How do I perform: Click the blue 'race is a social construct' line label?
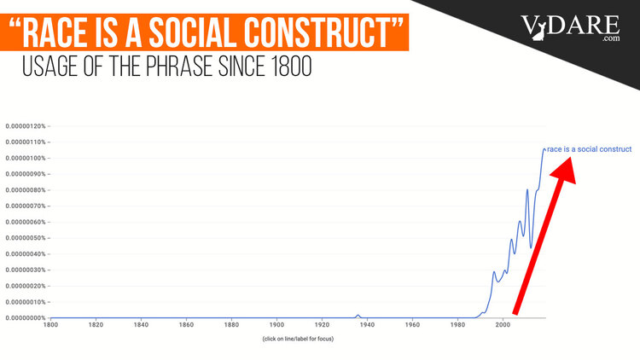(589, 148)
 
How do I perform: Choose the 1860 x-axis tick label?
(185, 324)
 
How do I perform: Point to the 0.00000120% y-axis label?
(25, 125)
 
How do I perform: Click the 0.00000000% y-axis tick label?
(25, 318)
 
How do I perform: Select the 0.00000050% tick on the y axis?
(25, 238)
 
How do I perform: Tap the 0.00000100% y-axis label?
(25, 158)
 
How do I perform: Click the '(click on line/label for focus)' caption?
(298, 339)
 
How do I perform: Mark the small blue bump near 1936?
(358, 316)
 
